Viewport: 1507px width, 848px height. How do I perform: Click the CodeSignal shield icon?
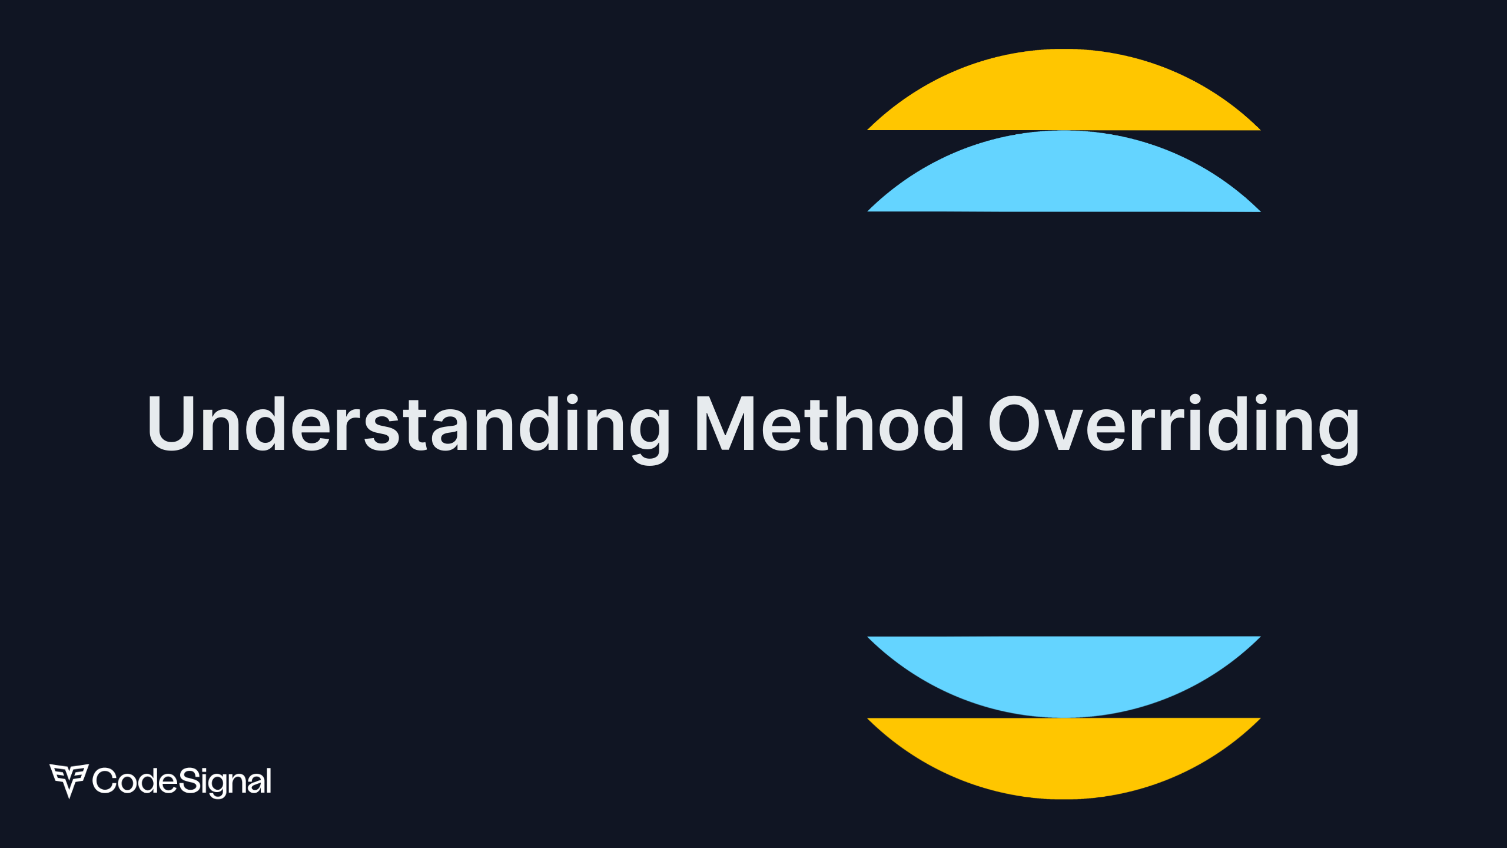[69, 780]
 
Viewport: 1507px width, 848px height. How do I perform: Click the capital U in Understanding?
[171, 423]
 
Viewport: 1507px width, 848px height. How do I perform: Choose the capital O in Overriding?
[1017, 423]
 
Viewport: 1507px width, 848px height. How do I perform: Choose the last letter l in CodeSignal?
[269, 780]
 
